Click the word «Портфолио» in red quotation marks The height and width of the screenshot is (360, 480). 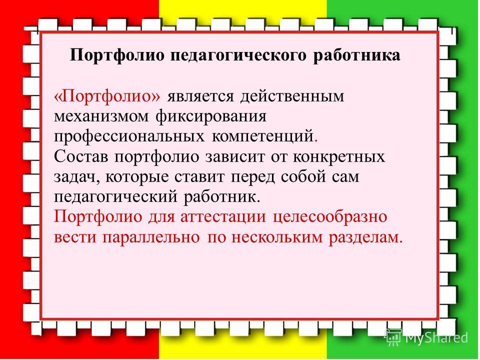point(107,96)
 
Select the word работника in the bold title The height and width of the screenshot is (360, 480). point(356,55)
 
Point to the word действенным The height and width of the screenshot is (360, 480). point(292,96)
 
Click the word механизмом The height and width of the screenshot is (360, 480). point(101,116)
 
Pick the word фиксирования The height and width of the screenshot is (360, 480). point(211,117)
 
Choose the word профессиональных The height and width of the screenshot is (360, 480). point(129,137)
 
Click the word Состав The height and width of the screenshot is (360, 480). point(81,156)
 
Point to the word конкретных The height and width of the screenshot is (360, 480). point(339,157)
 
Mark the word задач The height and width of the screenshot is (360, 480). point(76,177)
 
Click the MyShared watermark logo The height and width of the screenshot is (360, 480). point(426,337)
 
